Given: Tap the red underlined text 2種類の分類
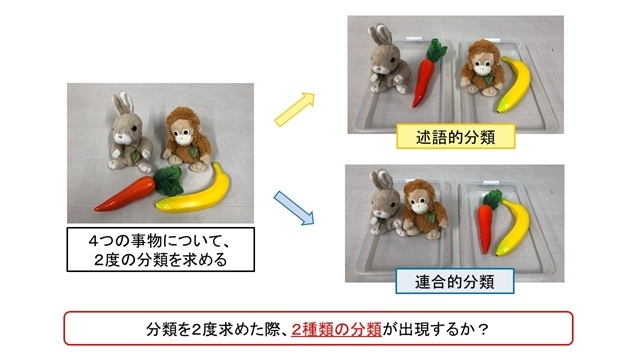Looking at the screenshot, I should click(335, 327).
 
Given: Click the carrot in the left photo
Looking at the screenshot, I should click(136, 190).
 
